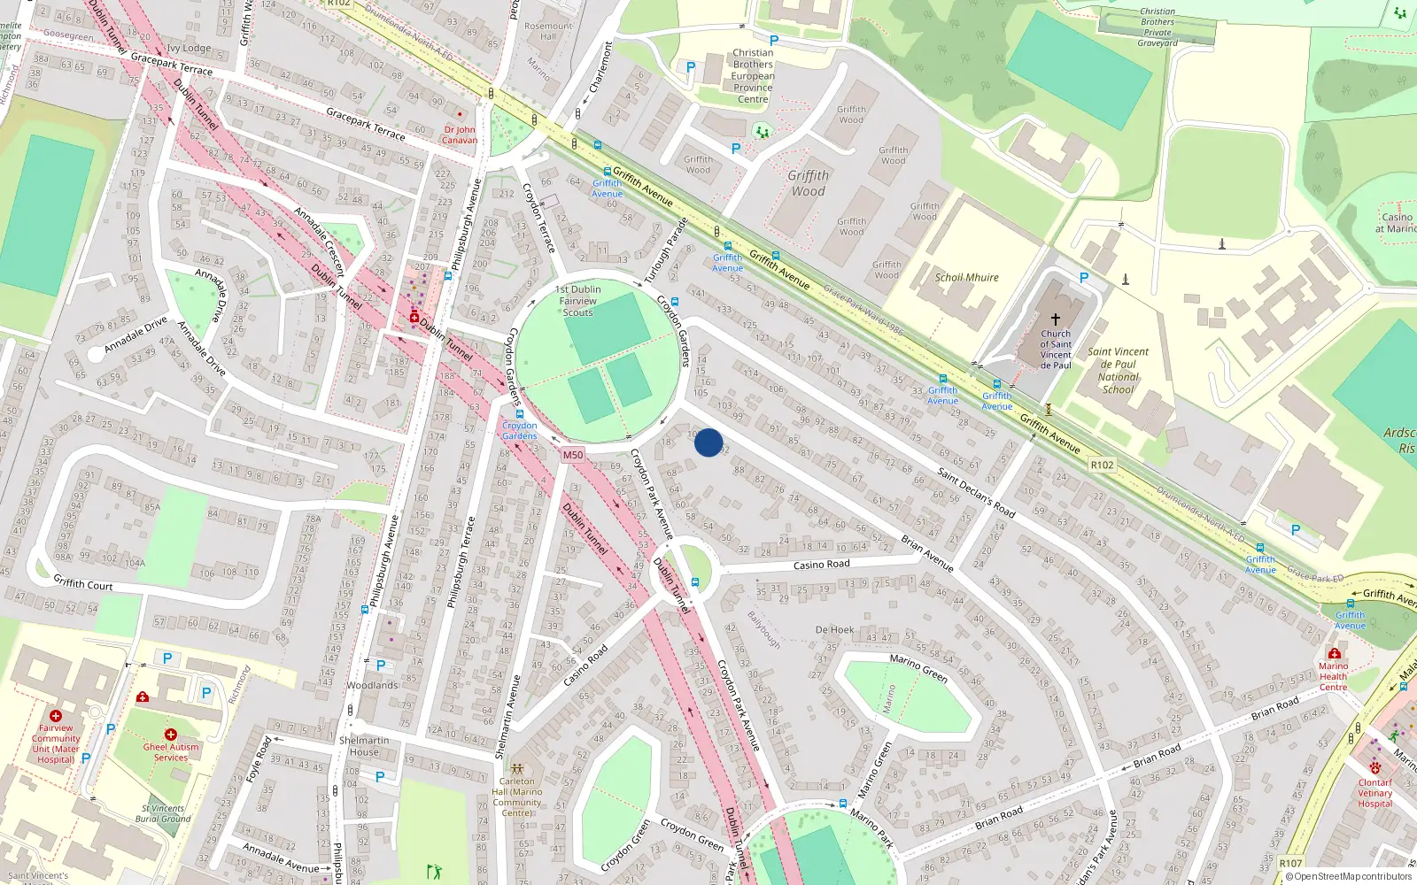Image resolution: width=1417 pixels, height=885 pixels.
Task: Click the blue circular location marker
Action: click(x=708, y=442)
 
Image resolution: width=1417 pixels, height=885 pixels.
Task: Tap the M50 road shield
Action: click(x=573, y=455)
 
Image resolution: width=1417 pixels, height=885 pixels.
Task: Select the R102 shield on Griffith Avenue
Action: click(x=1102, y=465)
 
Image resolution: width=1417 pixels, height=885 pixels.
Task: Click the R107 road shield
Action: click(x=1290, y=863)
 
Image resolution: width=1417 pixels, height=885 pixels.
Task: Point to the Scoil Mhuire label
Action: click(x=966, y=277)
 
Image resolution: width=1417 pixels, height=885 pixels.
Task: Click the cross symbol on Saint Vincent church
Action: click(x=1055, y=319)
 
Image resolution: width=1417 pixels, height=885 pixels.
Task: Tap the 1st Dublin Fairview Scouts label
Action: click(x=577, y=301)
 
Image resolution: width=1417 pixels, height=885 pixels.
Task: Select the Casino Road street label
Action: click(x=821, y=565)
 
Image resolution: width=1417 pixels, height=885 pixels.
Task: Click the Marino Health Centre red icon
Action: click(x=1334, y=653)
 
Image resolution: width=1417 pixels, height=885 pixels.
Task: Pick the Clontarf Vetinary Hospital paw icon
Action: click(x=1374, y=768)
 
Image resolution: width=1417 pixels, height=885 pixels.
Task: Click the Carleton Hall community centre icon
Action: click(x=517, y=768)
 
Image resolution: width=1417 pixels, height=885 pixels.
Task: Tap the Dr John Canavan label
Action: click(x=460, y=135)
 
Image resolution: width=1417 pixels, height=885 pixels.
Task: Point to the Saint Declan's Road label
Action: click(x=976, y=493)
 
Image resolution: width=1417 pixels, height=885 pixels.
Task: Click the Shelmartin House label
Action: click(x=364, y=746)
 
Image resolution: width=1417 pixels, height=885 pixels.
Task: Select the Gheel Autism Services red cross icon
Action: click(x=171, y=735)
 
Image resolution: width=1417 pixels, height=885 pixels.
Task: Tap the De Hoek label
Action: click(x=834, y=630)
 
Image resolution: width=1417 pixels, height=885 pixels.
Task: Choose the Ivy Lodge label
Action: click(x=189, y=49)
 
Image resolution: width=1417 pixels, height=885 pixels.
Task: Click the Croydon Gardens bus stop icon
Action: click(x=520, y=414)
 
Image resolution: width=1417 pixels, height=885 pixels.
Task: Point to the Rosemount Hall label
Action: click(x=548, y=31)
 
